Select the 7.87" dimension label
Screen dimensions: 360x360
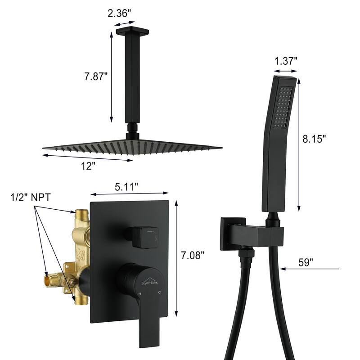click(x=96, y=76)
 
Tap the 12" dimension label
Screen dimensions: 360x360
click(x=88, y=166)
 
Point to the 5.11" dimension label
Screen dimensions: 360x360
click(x=126, y=187)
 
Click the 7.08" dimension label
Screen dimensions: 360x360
click(x=193, y=255)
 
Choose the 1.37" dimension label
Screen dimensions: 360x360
click(x=286, y=61)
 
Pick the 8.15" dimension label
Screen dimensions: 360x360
click(x=314, y=139)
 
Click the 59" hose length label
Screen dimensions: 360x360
click(x=306, y=263)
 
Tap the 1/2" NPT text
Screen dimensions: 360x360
click(x=30, y=198)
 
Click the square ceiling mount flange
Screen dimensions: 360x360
click(x=132, y=31)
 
